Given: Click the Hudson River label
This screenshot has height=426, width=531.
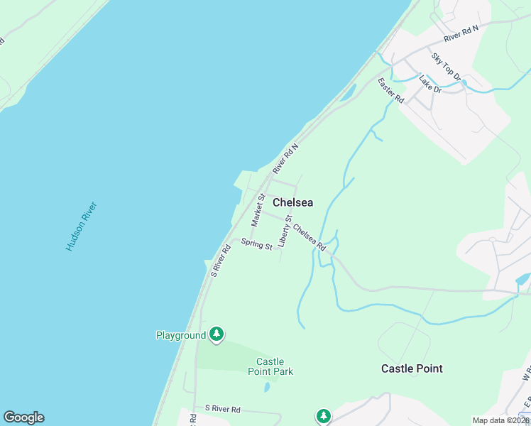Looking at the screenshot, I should pyautogui.click(x=82, y=226).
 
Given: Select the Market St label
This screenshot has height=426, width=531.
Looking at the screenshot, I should pyautogui.click(x=258, y=210).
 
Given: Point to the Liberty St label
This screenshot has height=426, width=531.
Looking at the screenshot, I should pyautogui.click(x=285, y=230).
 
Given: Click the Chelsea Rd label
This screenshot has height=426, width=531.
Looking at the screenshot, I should pyautogui.click(x=309, y=238).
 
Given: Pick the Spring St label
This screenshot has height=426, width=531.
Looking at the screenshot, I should pyautogui.click(x=256, y=244).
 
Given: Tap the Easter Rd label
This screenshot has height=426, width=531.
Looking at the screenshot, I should pyautogui.click(x=390, y=91).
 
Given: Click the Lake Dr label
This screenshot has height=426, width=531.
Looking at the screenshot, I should pyautogui.click(x=430, y=84).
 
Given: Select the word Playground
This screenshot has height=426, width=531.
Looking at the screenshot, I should pyautogui.click(x=181, y=334).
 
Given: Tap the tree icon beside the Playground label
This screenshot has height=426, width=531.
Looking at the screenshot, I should pyautogui.click(x=217, y=334).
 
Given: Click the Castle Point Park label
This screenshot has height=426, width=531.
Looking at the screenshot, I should pyautogui.click(x=270, y=366).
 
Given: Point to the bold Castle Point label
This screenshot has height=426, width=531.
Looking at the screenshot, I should pyautogui.click(x=412, y=368).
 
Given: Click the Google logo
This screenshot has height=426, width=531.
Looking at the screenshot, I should pyautogui.click(x=23, y=417).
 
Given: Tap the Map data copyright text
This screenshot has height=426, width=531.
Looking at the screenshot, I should pyautogui.click(x=501, y=420).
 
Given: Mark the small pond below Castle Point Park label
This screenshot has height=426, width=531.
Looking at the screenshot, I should pyautogui.click(x=266, y=388).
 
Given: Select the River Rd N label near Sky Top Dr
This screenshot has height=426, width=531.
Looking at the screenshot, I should pyautogui.click(x=461, y=32).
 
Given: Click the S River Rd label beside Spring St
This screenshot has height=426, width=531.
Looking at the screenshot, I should pyautogui.click(x=221, y=260).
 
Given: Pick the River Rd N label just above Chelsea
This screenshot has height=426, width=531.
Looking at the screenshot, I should pyautogui.click(x=286, y=157).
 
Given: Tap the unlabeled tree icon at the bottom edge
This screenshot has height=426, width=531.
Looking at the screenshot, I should pyautogui.click(x=324, y=416).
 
